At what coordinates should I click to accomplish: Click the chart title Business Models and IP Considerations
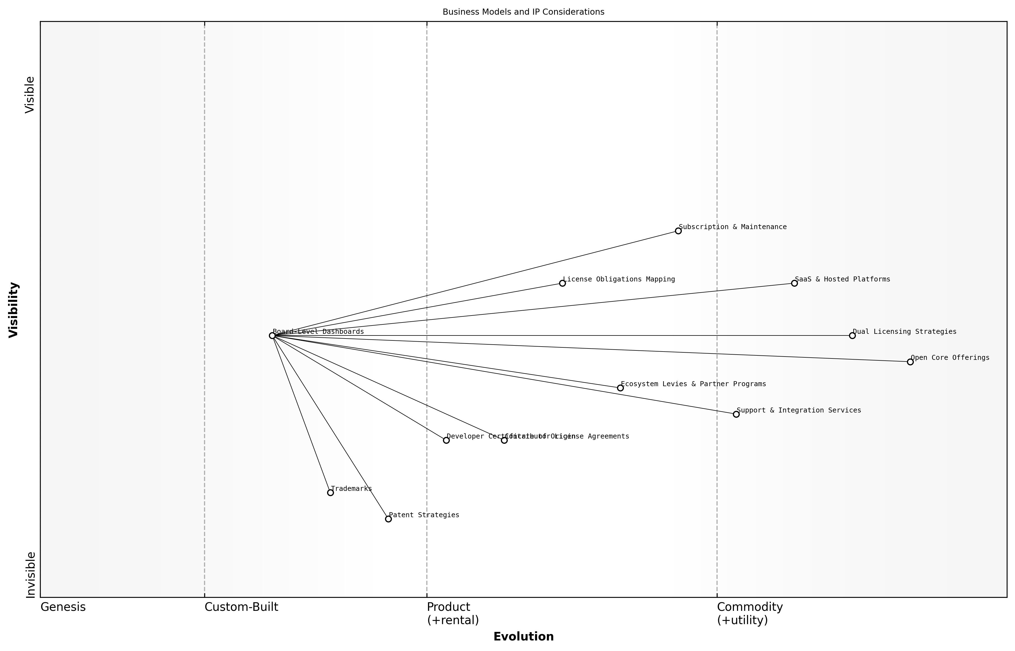[x=523, y=12]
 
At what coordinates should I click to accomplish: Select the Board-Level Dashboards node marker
[x=272, y=336]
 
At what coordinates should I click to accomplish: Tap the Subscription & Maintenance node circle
[x=678, y=231]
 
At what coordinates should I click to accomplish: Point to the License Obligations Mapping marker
[x=562, y=283]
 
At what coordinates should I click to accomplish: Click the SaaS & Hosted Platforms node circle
[x=794, y=283]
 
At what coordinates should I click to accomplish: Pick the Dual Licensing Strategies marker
[x=852, y=336]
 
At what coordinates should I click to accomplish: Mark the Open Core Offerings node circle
[x=910, y=362]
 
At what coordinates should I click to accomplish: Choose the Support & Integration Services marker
[x=736, y=414]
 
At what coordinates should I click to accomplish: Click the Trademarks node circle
[x=330, y=493]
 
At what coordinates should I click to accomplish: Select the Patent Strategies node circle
[x=388, y=519]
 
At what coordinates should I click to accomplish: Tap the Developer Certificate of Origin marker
[x=446, y=440]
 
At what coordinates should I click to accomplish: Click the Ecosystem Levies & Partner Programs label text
[x=693, y=384]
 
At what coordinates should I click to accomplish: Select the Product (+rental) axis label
[x=453, y=613]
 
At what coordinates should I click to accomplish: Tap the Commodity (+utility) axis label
[x=750, y=613]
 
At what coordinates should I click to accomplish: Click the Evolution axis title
[x=523, y=637]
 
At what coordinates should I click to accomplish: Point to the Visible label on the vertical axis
[x=30, y=95]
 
